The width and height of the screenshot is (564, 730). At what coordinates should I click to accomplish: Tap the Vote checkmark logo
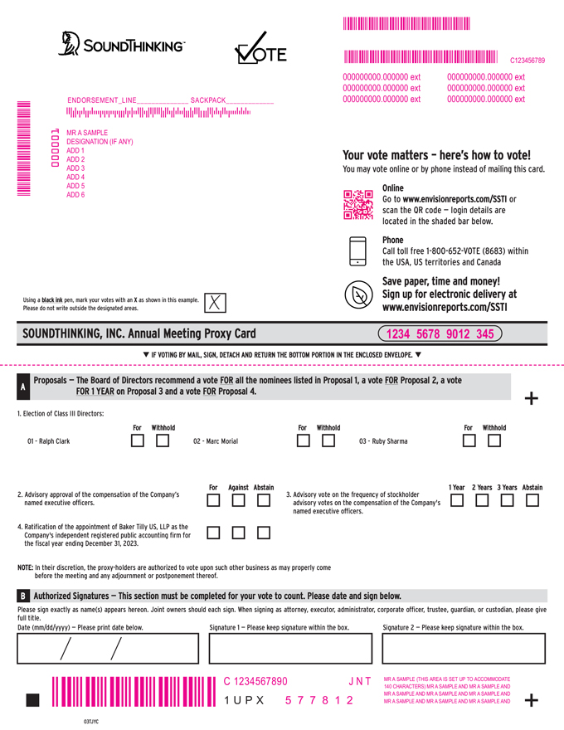(x=260, y=51)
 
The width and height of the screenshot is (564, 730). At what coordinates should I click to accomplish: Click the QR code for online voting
(x=358, y=204)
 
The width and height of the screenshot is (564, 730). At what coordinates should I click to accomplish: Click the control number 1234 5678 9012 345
(x=440, y=334)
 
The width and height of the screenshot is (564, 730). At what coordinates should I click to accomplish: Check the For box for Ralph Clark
(x=138, y=440)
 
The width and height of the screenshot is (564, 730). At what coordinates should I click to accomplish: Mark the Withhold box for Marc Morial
(x=328, y=440)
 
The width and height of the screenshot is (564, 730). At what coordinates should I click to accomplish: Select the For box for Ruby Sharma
(x=469, y=440)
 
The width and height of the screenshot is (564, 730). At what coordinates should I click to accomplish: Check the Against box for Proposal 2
(x=239, y=500)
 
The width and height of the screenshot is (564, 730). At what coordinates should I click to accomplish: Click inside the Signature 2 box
(x=464, y=649)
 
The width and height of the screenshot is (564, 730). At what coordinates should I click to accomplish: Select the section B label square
(x=22, y=596)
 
